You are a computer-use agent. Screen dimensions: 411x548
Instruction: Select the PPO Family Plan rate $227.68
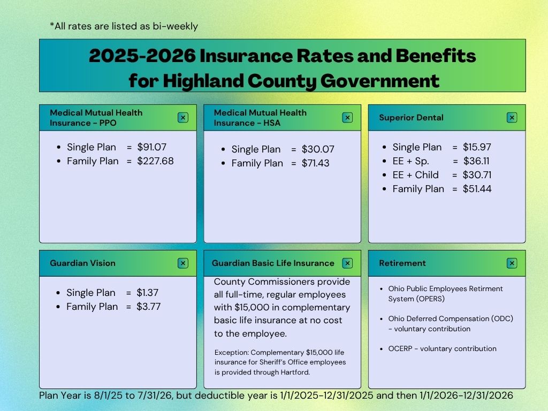point(155,161)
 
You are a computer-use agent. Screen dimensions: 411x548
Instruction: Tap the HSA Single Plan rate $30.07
point(318,149)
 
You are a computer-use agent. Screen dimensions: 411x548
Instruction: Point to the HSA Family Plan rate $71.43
point(316,163)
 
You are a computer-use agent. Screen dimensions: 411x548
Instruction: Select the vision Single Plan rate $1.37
point(148,293)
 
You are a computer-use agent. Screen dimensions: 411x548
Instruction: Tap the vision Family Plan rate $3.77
point(149,307)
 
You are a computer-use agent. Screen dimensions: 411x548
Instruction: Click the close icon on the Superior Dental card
point(512,118)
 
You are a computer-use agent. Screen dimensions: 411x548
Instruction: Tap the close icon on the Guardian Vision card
point(183,263)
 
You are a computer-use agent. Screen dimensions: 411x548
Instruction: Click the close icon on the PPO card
point(183,118)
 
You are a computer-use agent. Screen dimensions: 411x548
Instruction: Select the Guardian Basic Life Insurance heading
point(273,263)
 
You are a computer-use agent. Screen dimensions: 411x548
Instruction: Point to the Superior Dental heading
point(411,118)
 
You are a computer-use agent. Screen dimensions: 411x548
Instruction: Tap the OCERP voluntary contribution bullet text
point(442,349)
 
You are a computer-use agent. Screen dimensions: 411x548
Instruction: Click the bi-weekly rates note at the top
point(124,26)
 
